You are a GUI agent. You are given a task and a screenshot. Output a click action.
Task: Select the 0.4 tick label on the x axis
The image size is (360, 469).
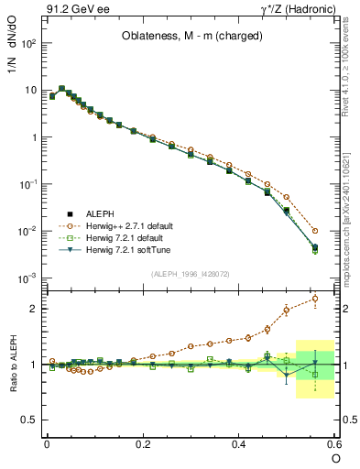point(239,443)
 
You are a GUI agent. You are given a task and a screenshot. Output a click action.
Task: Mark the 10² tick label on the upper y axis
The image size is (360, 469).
point(28,43)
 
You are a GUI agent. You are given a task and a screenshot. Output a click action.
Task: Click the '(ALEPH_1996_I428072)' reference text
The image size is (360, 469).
point(189,273)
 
